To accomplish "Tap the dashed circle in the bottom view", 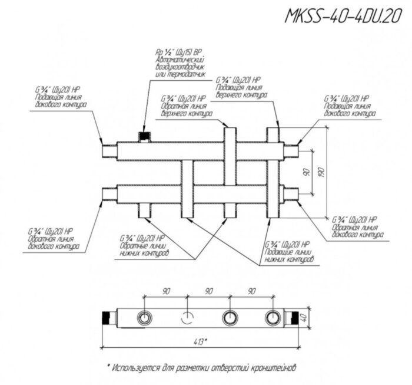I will click(x=187, y=318).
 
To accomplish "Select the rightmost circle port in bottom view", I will click(x=272, y=318).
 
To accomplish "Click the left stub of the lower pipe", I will click(x=108, y=195).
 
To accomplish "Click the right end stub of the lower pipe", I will click(x=291, y=195).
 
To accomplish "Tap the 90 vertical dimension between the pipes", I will click(x=305, y=173).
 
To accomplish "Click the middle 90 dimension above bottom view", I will click(x=208, y=292).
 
